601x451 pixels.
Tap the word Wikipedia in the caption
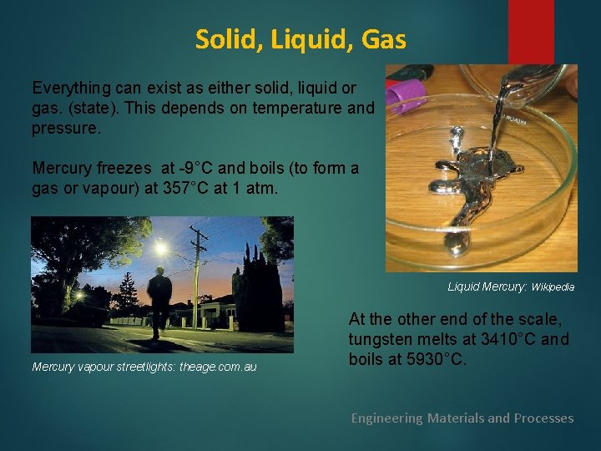553,286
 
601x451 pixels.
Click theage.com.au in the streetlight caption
218,367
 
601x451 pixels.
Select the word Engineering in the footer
386,418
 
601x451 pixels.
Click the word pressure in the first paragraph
64,130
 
